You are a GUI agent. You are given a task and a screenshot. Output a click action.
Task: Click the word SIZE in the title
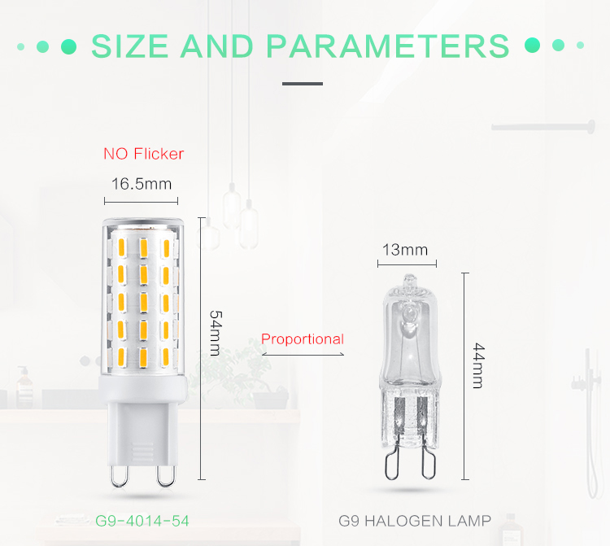point(129,46)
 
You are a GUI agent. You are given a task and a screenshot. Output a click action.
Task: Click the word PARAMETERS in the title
point(387,46)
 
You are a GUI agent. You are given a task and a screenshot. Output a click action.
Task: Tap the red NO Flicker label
point(143,154)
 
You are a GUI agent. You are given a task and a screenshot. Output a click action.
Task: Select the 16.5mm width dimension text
point(142,184)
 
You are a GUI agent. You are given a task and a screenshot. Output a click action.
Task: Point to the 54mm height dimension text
point(216,333)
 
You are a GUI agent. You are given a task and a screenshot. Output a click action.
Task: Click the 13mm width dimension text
point(405,250)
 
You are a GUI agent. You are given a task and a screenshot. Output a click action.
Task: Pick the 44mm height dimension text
point(478,366)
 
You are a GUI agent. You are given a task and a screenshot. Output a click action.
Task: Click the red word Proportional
point(303,339)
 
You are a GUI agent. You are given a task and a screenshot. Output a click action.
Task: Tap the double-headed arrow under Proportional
point(303,354)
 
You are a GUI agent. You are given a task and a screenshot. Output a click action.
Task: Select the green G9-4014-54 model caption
point(142,521)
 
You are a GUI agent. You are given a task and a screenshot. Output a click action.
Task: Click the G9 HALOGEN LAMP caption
point(415,521)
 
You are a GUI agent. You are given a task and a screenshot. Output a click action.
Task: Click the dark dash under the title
point(303,84)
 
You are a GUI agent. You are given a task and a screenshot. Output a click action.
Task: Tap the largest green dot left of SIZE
point(69,46)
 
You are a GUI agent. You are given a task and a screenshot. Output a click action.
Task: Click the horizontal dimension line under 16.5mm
point(142,202)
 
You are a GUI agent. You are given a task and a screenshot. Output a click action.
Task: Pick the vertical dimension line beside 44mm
point(465,376)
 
